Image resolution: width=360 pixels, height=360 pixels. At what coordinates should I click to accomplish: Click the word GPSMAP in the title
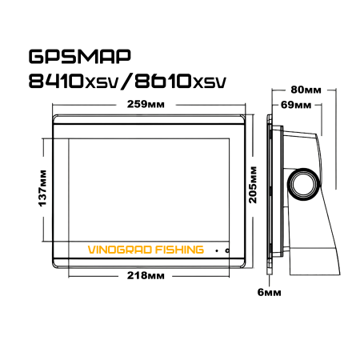pyautogui.click(x=78, y=58)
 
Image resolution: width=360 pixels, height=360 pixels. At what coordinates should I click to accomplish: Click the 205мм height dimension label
pyautogui.click(x=254, y=186)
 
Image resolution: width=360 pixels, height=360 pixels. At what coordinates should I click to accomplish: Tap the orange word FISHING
pyautogui.click(x=178, y=250)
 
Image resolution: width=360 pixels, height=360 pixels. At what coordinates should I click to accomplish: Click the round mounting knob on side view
pyautogui.click(x=304, y=182)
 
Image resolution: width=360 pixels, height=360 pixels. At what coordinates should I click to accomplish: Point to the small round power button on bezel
pyautogui.click(x=228, y=250)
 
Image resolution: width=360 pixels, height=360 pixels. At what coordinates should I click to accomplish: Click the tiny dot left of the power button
pyautogui.click(x=215, y=250)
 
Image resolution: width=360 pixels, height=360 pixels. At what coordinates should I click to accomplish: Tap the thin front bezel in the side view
pyautogui.click(x=269, y=192)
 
